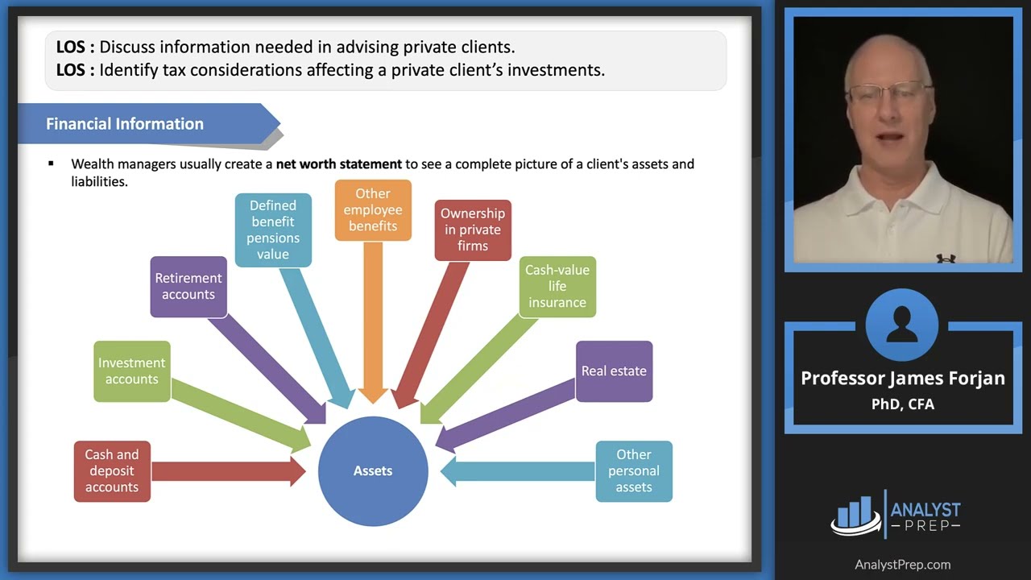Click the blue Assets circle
tap(373, 471)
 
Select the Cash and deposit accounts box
tap(112, 471)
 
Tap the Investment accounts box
tap(132, 371)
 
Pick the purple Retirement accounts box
tap(188, 287)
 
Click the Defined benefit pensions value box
tap(273, 230)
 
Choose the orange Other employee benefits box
tap(373, 210)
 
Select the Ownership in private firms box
tap(473, 230)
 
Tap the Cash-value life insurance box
tap(557, 287)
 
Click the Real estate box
tap(614, 371)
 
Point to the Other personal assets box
tap(634, 471)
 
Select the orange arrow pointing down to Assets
tap(373, 322)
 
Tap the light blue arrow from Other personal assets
tap(520, 471)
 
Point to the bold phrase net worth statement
tap(338, 164)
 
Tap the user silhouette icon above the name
tap(902, 325)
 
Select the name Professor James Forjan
tap(903, 379)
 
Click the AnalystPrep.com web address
tap(903, 565)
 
